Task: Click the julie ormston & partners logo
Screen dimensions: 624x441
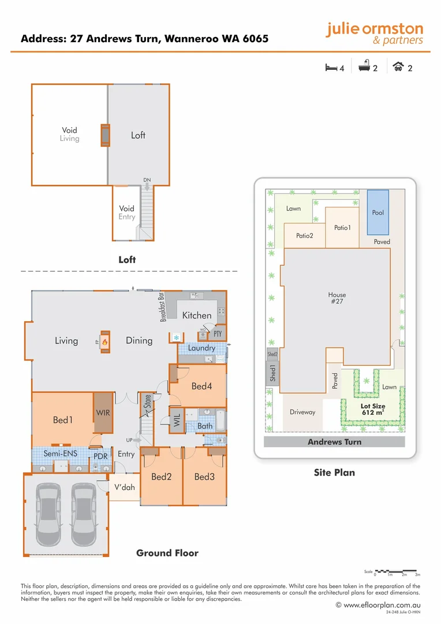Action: coord(374,34)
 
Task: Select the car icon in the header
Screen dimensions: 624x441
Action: coord(398,68)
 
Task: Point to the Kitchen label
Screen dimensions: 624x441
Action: coord(197,315)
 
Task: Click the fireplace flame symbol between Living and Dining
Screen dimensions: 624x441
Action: coord(105,341)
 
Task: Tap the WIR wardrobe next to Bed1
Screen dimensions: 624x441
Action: coord(104,413)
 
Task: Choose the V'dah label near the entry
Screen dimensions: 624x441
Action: coord(124,487)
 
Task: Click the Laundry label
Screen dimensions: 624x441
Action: coord(201,348)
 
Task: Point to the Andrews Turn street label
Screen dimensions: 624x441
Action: coord(334,442)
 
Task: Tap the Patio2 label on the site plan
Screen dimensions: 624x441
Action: coord(304,236)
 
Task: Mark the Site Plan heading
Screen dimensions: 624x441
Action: coord(334,473)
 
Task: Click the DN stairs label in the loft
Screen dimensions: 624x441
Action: coord(147,180)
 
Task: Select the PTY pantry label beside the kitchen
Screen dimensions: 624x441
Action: coord(218,334)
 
